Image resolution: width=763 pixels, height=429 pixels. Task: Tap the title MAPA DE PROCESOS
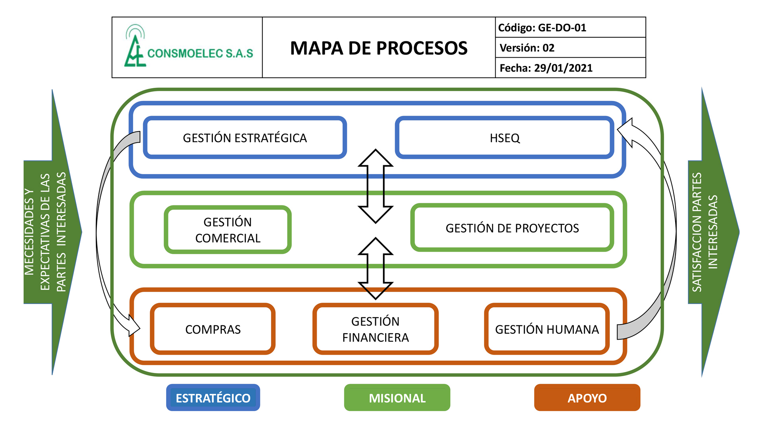(379, 48)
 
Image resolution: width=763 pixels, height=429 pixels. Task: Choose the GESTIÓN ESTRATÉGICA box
(245, 137)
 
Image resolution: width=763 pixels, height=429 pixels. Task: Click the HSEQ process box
(505, 137)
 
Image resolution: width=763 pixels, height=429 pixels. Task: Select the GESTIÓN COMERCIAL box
(228, 230)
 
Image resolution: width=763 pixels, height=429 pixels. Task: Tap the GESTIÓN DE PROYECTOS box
(512, 228)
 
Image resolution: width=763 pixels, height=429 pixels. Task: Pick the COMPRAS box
(213, 329)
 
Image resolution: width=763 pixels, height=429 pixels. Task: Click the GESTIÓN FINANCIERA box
(376, 329)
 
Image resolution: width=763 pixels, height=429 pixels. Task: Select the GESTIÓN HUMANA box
(547, 329)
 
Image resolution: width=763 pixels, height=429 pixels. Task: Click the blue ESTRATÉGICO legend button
(213, 398)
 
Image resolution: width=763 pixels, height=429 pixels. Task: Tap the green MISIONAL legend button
(397, 398)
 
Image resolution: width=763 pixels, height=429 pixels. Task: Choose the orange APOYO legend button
(587, 398)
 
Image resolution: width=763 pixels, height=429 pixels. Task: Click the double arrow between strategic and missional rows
(376, 186)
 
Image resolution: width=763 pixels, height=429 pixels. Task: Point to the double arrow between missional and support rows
(376, 268)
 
